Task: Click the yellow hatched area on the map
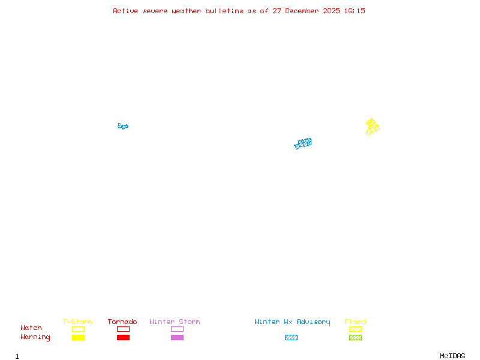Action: (373, 127)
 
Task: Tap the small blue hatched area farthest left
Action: (123, 126)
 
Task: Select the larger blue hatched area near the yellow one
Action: (303, 143)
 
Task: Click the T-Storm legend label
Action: (77, 322)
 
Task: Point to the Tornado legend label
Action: (122, 322)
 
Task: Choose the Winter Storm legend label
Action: (175, 322)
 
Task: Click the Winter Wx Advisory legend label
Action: (292, 322)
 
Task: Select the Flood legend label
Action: (355, 322)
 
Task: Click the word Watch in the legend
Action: (31, 328)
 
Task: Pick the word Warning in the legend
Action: (35, 337)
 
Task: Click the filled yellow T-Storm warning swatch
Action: (78, 338)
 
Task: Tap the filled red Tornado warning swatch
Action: (123, 338)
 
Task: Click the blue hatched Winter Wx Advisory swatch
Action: (291, 338)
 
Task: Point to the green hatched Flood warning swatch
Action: (355, 338)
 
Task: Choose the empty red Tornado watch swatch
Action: (123, 329)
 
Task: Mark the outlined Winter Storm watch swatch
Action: (177, 329)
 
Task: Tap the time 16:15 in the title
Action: (354, 11)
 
